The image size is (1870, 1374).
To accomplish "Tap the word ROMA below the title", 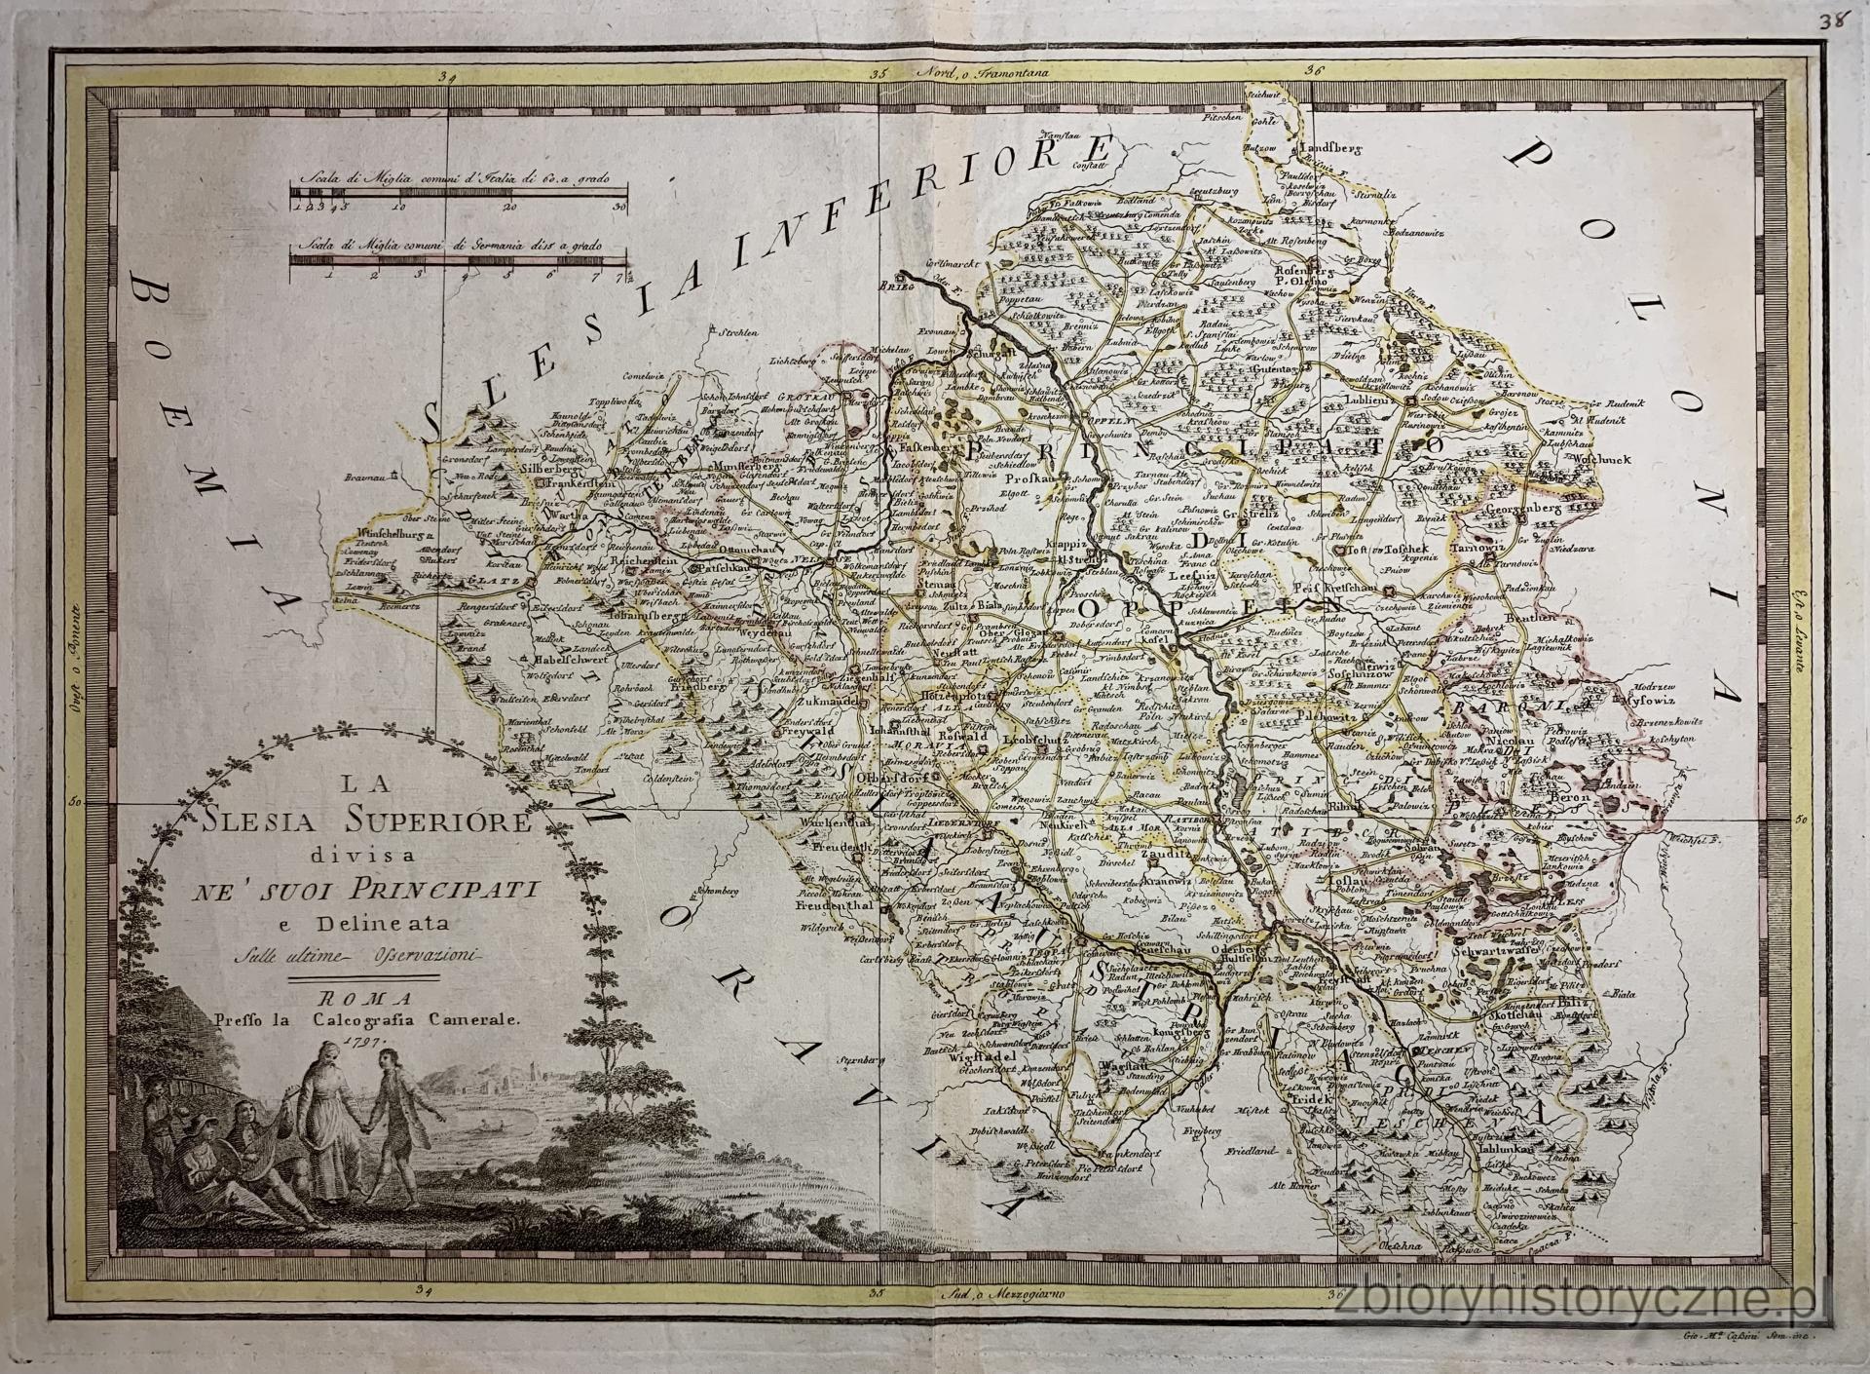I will click(x=363, y=999).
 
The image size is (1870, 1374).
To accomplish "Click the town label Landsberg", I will click(x=1331, y=148).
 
